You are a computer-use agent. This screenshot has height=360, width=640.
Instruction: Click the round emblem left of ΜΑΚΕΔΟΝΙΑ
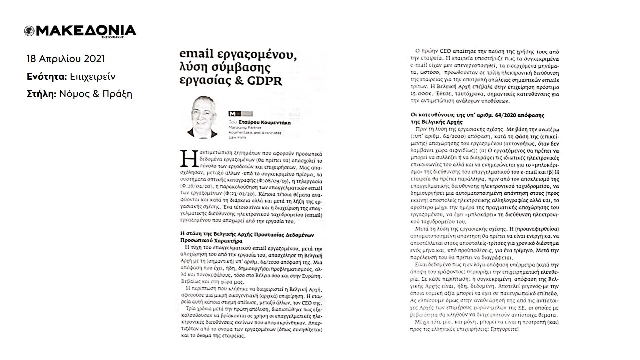29,31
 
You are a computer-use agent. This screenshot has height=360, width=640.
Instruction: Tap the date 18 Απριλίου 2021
66,59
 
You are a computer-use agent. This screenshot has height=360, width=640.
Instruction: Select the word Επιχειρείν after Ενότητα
93,77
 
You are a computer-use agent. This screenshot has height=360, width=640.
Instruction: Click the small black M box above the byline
232,114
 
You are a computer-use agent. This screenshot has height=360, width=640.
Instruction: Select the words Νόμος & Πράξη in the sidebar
96,94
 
